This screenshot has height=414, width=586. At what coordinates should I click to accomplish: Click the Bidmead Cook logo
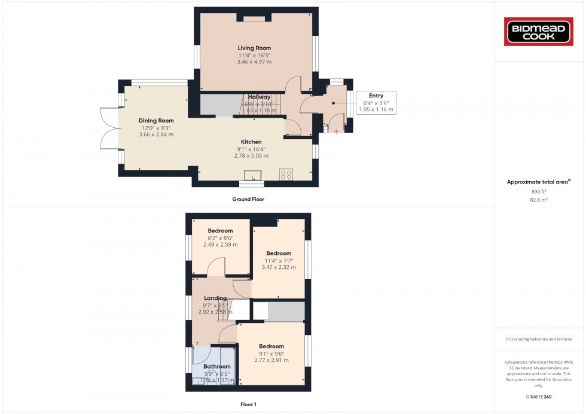[539, 31]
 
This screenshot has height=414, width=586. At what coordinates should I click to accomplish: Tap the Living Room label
[254, 48]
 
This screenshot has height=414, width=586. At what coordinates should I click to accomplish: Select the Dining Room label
[156, 121]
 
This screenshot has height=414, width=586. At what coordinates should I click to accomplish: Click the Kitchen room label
[251, 142]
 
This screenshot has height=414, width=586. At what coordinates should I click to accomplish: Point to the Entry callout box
[376, 102]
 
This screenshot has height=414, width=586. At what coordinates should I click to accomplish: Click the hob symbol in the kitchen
[286, 174]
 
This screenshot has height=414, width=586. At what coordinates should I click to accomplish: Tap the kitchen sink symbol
[252, 174]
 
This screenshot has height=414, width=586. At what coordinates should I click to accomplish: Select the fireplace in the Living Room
[254, 19]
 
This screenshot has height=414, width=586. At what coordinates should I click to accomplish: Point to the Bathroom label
[216, 366]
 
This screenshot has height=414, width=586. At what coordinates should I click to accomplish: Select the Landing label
[215, 298]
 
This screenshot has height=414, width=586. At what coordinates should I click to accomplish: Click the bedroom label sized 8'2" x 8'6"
[220, 231]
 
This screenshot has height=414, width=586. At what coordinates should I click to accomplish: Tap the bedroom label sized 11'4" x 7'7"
[279, 253]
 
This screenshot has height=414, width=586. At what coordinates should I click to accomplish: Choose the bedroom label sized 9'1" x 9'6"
[271, 346]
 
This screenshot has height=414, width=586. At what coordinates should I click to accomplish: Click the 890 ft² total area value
[539, 191]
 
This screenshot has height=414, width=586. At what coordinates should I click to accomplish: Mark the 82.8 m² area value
[539, 200]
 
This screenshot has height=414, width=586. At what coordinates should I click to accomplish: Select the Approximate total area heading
[538, 182]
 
